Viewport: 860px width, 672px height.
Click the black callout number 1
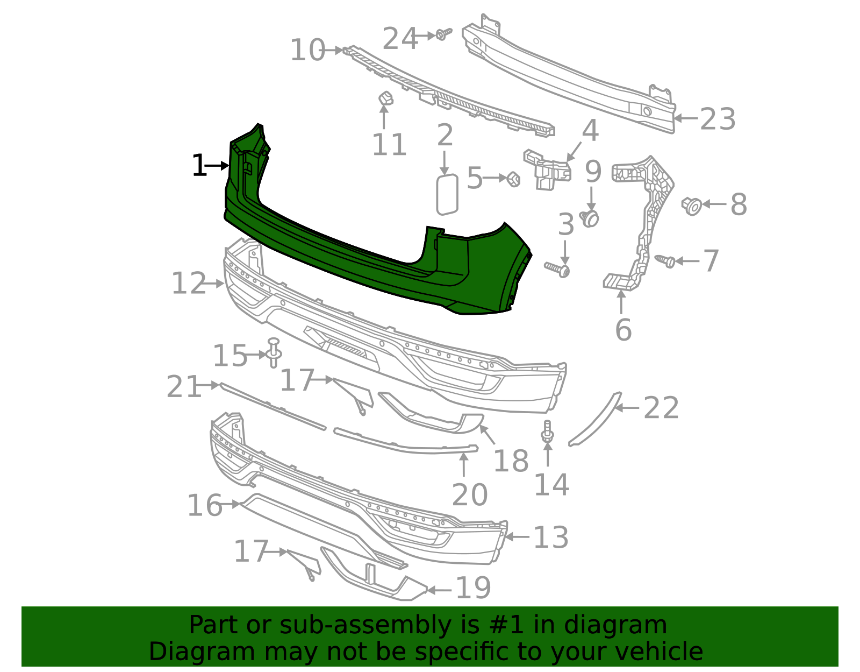click(x=199, y=166)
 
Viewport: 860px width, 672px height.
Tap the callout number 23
click(x=718, y=119)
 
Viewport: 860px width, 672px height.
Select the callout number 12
click(x=189, y=284)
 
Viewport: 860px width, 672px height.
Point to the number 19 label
click(x=473, y=588)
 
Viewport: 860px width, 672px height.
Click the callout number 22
click(x=661, y=408)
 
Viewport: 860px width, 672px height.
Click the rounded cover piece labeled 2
click(x=447, y=194)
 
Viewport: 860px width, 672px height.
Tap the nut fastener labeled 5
click(x=513, y=179)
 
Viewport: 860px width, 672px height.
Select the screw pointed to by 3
click(x=558, y=268)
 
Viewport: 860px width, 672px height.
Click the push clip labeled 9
click(x=591, y=218)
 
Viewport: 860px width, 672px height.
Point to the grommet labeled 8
click(x=692, y=205)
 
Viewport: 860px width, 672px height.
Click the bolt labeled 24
click(x=442, y=34)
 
